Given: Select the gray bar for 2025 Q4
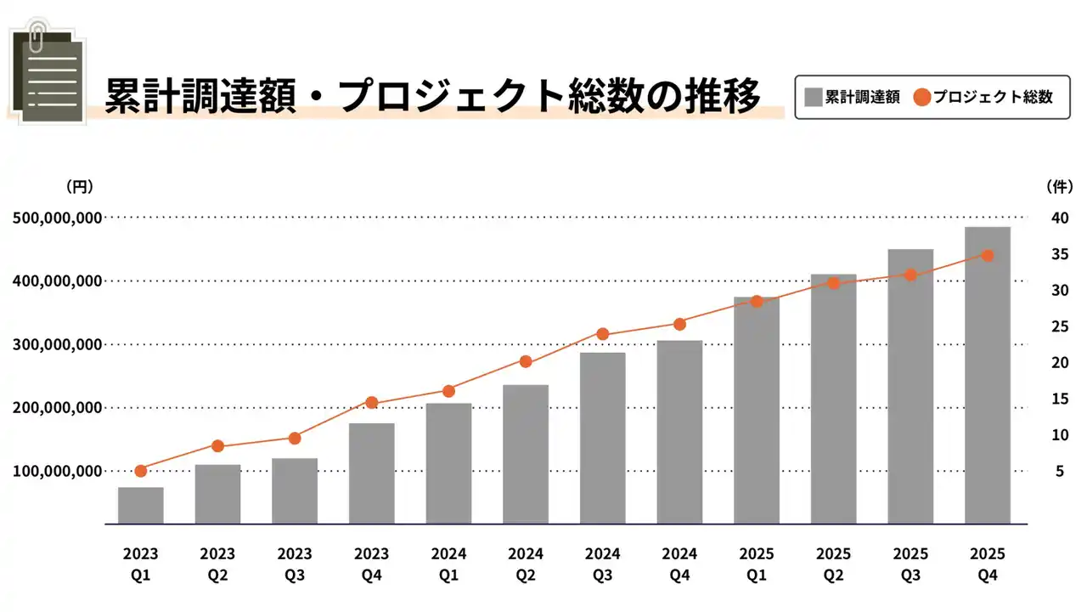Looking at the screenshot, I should pos(988,375).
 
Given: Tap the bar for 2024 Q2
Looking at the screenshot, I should pos(526,454).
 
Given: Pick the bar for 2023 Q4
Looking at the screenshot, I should pos(372,473).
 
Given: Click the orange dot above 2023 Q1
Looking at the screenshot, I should pos(141,471).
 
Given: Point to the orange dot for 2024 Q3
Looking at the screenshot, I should pos(603,334).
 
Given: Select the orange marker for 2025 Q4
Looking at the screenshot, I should pos(988,256).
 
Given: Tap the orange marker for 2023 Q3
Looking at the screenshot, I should pos(295,439).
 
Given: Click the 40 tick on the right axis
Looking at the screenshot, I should pos(1060,218).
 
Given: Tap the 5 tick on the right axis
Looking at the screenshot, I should pos(1060,471).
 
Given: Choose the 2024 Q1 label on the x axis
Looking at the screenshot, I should pos(448,564).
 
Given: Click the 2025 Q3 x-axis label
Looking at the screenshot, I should pos(910,564).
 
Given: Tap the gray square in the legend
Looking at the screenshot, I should pos(814,97).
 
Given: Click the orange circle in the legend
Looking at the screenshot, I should pos(922,97).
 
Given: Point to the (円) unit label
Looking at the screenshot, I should pos(80,186).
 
